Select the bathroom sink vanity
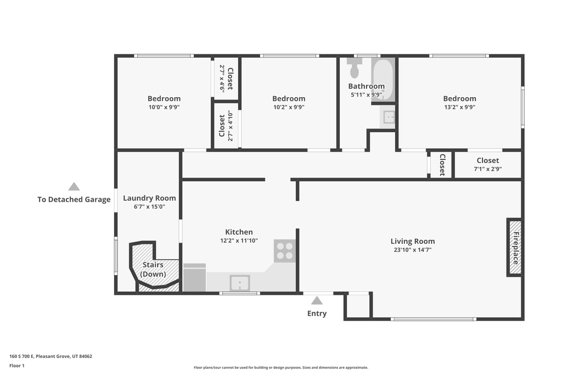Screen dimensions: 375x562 [389, 117]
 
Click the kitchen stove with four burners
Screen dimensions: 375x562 [285, 251]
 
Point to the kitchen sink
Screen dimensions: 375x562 [240, 283]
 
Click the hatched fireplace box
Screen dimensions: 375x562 [515, 248]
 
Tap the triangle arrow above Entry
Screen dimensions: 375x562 [317, 300]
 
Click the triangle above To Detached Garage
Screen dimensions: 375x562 [74, 187]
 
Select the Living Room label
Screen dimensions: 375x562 [412, 241]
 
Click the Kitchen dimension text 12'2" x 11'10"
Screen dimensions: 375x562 [239, 240]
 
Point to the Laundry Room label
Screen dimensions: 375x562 [149, 198]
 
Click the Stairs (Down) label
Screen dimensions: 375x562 [153, 269]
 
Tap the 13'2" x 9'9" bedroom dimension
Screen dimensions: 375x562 [459, 107]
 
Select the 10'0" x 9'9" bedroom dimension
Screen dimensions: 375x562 [164, 107]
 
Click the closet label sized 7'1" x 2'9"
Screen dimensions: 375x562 [487, 160]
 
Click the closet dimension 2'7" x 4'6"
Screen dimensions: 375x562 [222, 78]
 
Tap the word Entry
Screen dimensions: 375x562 [317, 314]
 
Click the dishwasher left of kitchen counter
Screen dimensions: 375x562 [194, 278]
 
